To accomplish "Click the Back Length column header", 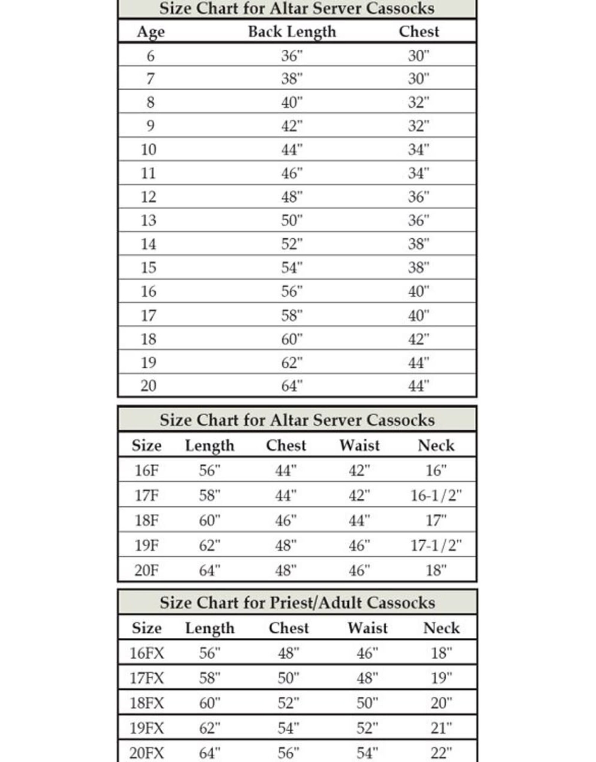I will pos(292,32).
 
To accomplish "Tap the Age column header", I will pos(150,32).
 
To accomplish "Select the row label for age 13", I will pos(148,220).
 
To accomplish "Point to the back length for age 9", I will pos(292,126).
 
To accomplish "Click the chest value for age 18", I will pos(418,339).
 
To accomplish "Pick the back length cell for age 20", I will pos(292,386).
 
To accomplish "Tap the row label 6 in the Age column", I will pos(150,56).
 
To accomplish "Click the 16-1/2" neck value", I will pos(436,495).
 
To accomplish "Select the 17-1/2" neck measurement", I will pos(436,545).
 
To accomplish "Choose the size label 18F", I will pos(146,520).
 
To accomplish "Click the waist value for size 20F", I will pos(359,570).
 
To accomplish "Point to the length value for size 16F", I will pos(209,470).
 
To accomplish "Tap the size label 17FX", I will pos(146,678).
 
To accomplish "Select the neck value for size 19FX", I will pos(441,728).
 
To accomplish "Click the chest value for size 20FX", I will pos(288,753).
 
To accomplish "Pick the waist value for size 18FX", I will pos(367,703).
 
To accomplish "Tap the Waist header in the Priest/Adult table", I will pos(367,628).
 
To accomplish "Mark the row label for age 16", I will pos(148,291).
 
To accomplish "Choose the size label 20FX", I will pos(146,753).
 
